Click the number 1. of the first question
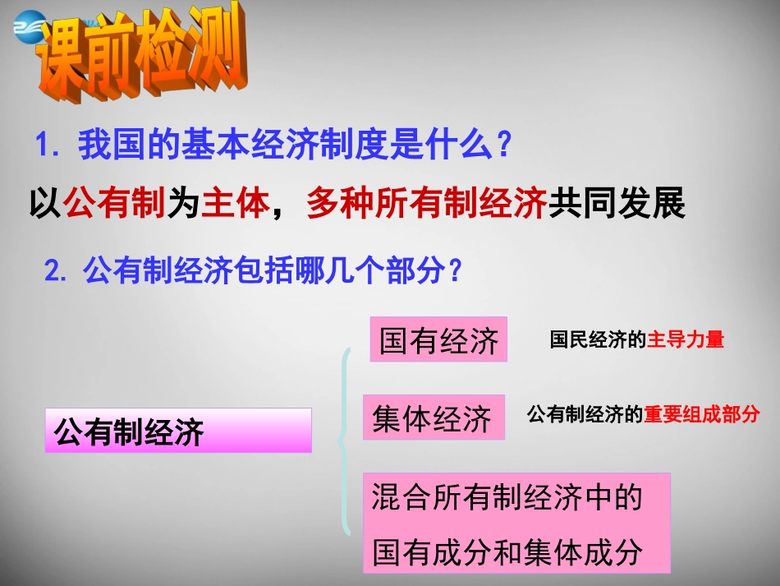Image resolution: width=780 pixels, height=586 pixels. [x=48, y=146]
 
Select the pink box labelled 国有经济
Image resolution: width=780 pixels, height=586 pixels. [x=438, y=339]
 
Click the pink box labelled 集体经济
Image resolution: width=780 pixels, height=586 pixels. [x=434, y=418]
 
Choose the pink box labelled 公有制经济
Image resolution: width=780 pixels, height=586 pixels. [x=178, y=431]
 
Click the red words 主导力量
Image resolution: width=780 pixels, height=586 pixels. [x=686, y=340]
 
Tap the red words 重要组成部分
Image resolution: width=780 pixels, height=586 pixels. [x=702, y=415]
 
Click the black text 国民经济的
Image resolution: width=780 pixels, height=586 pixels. [x=598, y=340]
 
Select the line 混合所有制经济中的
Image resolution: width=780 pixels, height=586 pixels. [x=506, y=498]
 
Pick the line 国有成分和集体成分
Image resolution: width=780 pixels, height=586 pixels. [x=506, y=551]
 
